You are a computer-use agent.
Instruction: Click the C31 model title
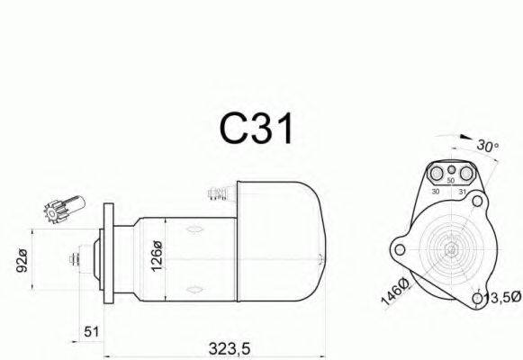[257, 129]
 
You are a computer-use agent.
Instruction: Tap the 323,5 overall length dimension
[230, 349]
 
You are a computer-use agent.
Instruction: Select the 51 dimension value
[92, 332]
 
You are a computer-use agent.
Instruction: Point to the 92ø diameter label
[22, 260]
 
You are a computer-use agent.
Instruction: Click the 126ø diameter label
[157, 256]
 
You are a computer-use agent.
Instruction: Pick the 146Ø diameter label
[395, 292]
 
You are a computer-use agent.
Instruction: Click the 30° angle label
[487, 146]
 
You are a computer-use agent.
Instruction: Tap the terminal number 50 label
[451, 181]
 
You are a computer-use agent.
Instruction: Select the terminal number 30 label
[436, 192]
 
